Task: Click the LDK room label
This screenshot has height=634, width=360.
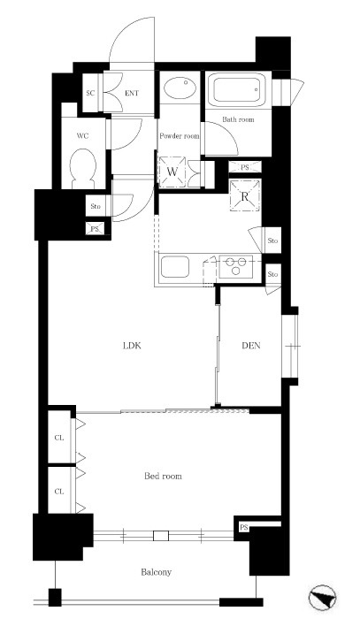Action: click(132, 346)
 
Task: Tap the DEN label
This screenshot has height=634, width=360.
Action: click(251, 346)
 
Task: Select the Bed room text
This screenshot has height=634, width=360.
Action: click(163, 476)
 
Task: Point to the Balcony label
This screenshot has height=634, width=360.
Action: click(157, 572)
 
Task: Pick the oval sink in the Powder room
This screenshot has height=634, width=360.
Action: click(180, 88)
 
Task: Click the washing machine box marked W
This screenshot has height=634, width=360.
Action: click(172, 172)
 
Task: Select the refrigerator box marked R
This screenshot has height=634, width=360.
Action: click(244, 196)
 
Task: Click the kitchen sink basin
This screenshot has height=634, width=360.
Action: click(175, 267)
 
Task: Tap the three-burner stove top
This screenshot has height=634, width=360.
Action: click(236, 266)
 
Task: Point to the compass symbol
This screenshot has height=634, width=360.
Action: click(322, 599)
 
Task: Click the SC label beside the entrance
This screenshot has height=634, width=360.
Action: click(90, 93)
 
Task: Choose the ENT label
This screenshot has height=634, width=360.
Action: click(132, 94)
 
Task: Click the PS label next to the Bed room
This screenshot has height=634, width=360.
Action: click(244, 528)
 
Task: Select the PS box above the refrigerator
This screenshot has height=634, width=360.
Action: click(245, 167)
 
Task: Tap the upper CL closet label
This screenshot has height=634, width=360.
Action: click(59, 438)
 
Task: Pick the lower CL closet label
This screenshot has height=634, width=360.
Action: click(59, 492)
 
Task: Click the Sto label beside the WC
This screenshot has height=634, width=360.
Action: click(96, 206)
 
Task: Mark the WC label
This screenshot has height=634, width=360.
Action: click(82, 136)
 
